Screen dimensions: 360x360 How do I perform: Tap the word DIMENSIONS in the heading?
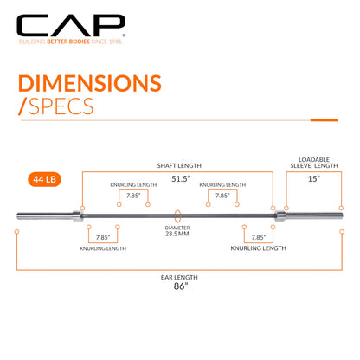90,83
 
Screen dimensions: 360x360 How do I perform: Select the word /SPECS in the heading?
56,106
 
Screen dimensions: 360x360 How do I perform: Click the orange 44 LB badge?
44,179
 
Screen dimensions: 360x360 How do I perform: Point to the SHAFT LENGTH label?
179,165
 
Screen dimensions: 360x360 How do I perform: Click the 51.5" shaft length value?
181,178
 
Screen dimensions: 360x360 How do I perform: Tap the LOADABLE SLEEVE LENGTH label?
314,163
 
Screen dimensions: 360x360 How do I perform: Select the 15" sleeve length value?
314,178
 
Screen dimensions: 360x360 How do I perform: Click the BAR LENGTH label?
179,278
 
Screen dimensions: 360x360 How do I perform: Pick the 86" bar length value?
181,286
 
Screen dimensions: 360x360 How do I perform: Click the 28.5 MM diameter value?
177,234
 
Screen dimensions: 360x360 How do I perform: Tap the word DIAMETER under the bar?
177,228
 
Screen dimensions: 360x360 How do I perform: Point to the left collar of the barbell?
77,215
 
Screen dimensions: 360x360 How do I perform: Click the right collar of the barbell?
280,215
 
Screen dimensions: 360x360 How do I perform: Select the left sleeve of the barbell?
44,215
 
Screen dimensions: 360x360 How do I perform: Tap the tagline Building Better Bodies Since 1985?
71,42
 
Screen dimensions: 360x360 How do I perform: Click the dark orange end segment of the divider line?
324,120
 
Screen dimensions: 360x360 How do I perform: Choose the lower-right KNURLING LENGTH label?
258,248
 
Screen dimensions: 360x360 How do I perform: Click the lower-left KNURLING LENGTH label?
103,248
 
